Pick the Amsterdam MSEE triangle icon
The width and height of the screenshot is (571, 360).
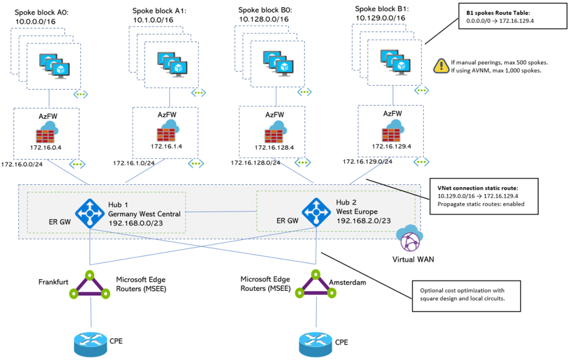click(312, 285)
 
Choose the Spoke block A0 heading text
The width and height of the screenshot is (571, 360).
click(42, 12)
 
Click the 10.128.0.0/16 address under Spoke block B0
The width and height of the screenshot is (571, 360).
click(263, 19)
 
